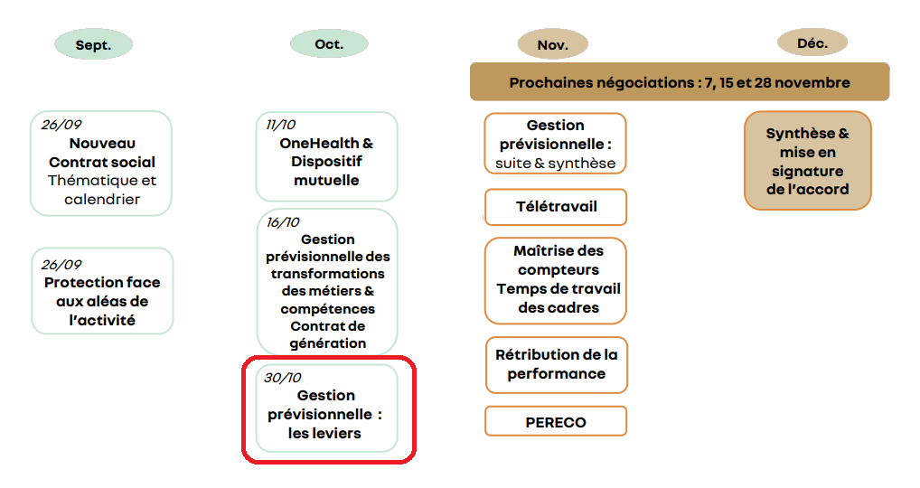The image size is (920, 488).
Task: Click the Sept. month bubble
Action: tap(93, 44)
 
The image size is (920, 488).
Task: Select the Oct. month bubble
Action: tap(329, 43)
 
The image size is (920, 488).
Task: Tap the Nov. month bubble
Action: tap(553, 44)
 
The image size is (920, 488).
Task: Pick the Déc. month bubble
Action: tap(812, 42)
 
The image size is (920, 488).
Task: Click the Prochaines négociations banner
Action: tap(680, 82)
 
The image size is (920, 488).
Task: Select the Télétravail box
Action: tap(556, 207)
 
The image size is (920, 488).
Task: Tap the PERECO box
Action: tap(556, 422)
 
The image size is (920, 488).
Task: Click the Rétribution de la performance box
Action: tap(556, 365)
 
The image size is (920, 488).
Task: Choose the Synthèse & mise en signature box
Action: tap(807, 161)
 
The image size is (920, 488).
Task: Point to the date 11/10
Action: tap(280, 125)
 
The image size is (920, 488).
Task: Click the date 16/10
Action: tap(283, 222)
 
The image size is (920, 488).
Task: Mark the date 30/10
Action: tap(283, 378)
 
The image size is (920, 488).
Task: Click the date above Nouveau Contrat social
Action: tap(61, 125)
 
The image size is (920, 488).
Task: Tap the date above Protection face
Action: tap(61, 265)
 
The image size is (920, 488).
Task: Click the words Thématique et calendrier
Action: tap(102, 190)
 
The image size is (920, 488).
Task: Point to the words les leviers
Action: tap(324, 434)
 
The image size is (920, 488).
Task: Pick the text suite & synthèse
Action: tap(555, 163)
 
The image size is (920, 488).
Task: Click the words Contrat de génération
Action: tap(327, 334)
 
